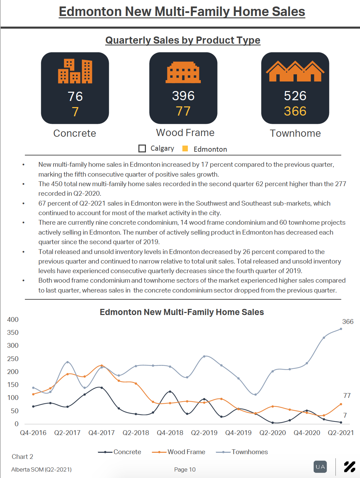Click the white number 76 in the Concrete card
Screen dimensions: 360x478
(x=75, y=96)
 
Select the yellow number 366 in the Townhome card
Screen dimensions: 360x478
(x=295, y=111)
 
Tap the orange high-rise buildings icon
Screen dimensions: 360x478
(x=75, y=71)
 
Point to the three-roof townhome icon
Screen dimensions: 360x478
(x=295, y=71)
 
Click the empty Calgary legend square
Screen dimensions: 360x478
(x=142, y=149)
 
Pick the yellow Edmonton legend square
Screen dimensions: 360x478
(x=185, y=148)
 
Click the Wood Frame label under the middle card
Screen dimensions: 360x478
(x=185, y=133)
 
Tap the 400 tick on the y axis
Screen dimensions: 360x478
(x=13, y=319)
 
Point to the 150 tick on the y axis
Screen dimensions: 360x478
(x=13, y=385)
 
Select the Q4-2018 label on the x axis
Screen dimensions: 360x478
(x=170, y=433)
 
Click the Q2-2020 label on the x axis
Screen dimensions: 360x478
(x=272, y=433)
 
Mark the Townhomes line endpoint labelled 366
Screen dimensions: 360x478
(x=341, y=329)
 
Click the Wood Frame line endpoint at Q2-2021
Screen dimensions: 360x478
(x=341, y=404)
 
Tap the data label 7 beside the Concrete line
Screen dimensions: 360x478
(x=345, y=415)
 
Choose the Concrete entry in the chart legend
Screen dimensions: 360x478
(x=120, y=452)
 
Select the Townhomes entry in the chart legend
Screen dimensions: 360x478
(x=242, y=452)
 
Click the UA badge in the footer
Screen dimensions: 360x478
(x=320, y=467)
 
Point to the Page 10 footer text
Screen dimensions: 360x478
(x=185, y=469)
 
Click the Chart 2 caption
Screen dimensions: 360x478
(x=22, y=457)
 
